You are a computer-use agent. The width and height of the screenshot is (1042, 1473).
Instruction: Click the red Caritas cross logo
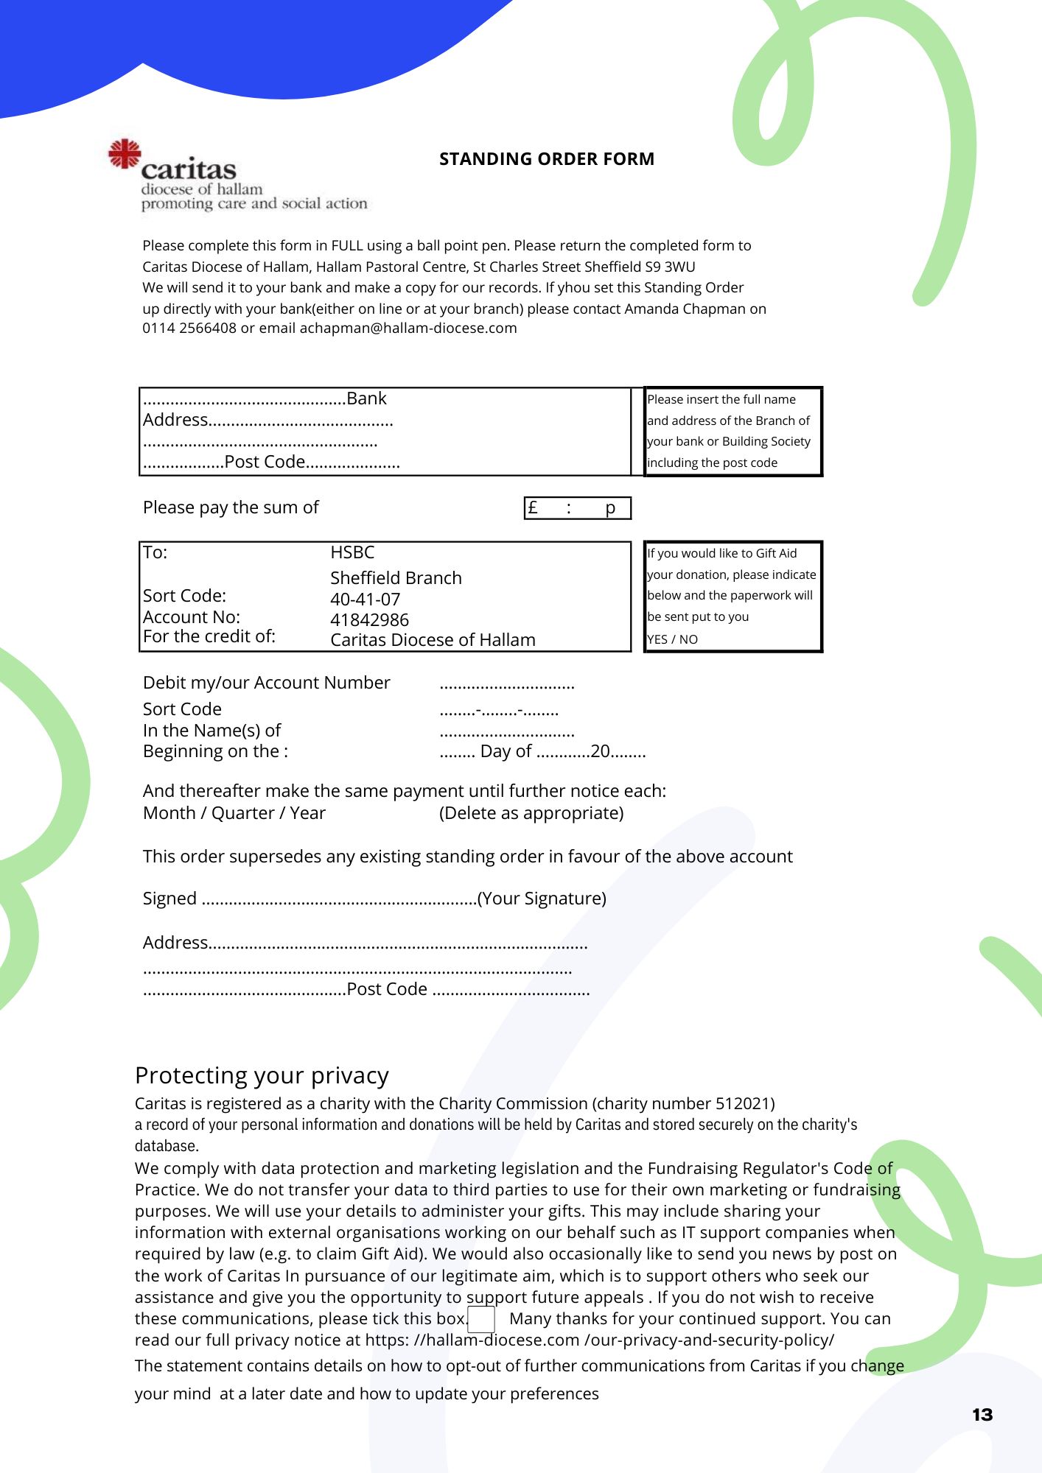pyautogui.click(x=125, y=154)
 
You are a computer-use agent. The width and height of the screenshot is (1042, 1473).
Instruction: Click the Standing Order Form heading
pyautogui.click(x=547, y=159)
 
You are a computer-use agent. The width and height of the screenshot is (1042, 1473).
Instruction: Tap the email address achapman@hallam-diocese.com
pyautogui.click(x=408, y=328)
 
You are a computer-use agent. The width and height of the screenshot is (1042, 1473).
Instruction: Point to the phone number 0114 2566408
pyautogui.click(x=189, y=328)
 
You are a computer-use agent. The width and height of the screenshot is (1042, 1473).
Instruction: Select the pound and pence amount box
pyautogui.click(x=578, y=508)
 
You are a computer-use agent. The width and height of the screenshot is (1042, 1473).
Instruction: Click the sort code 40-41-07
pyautogui.click(x=366, y=600)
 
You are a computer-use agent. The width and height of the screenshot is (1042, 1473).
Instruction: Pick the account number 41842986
pyautogui.click(x=369, y=620)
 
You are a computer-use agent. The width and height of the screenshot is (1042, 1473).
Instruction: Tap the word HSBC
pyautogui.click(x=352, y=552)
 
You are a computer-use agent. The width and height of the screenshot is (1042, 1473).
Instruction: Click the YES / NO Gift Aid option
pyautogui.click(x=672, y=639)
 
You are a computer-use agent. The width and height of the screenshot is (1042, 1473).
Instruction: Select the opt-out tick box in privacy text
pyautogui.click(x=481, y=1319)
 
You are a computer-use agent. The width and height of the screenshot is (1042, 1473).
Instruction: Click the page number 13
pyautogui.click(x=982, y=1415)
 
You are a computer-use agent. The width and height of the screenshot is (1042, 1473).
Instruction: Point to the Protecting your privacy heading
pyautogui.click(x=262, y=1076)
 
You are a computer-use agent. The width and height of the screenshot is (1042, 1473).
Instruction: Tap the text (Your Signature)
pyautogui.click(x=542, y=899)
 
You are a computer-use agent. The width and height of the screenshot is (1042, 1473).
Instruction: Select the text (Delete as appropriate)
pyautogui.click(x=531, y=813)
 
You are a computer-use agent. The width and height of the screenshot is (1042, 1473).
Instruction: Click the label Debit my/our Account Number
pyautogui.click(x=266, y=683)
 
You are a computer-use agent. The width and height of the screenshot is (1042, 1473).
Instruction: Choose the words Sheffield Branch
pyautogui.click(x=396, y=578)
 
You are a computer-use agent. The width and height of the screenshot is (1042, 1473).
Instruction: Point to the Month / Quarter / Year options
pyautogui.click(x=234, y=813)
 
